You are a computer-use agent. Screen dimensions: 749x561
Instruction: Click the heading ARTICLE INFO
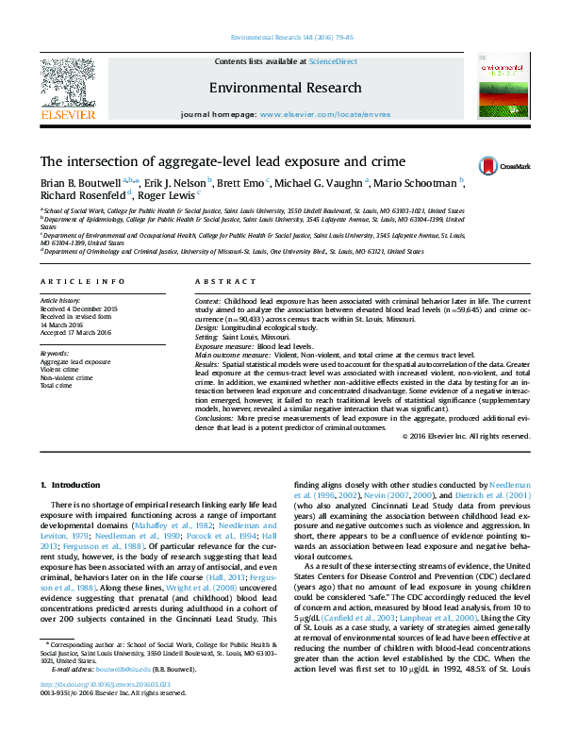(83, 282)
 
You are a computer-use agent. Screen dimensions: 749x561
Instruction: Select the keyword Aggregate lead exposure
(75, 361)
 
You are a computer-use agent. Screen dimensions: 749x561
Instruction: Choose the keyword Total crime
(57, 385)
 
